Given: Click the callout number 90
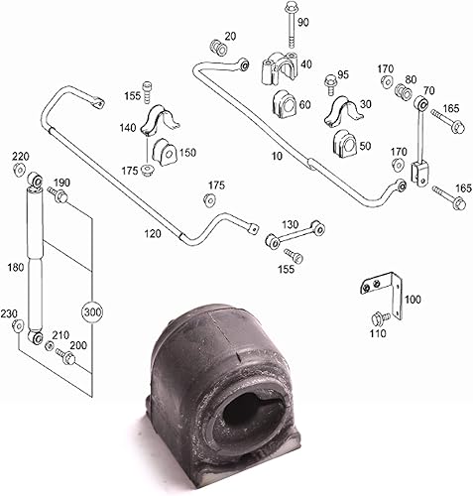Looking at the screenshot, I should (302, 22).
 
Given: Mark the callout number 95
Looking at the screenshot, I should (343, 74).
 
